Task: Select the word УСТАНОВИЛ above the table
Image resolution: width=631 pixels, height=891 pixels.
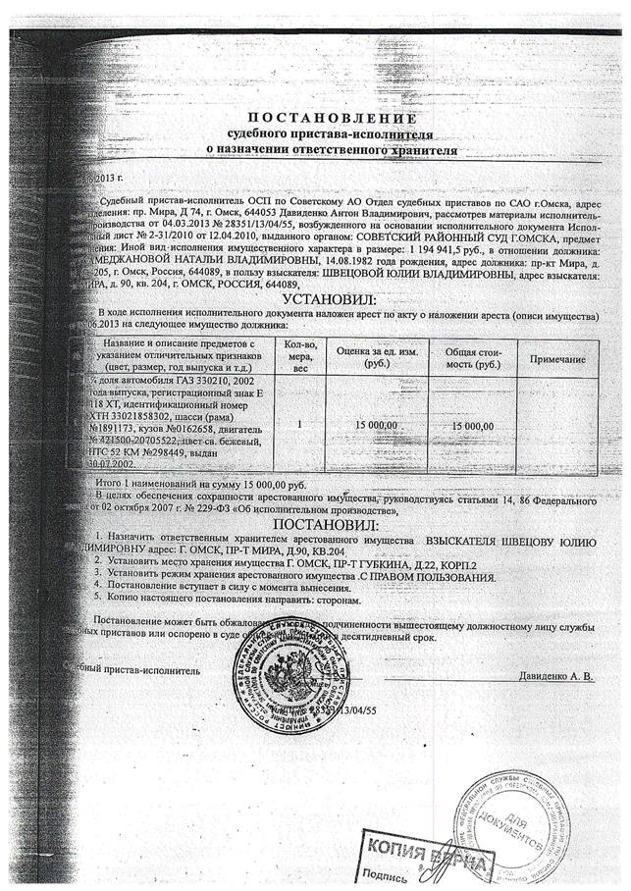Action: (330, 298)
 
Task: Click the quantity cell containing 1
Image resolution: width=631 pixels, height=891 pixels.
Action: (299, 424)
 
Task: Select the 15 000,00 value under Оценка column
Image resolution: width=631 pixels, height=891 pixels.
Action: (377, 424)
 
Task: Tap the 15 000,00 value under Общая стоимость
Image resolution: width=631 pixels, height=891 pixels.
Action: (473, 425)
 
